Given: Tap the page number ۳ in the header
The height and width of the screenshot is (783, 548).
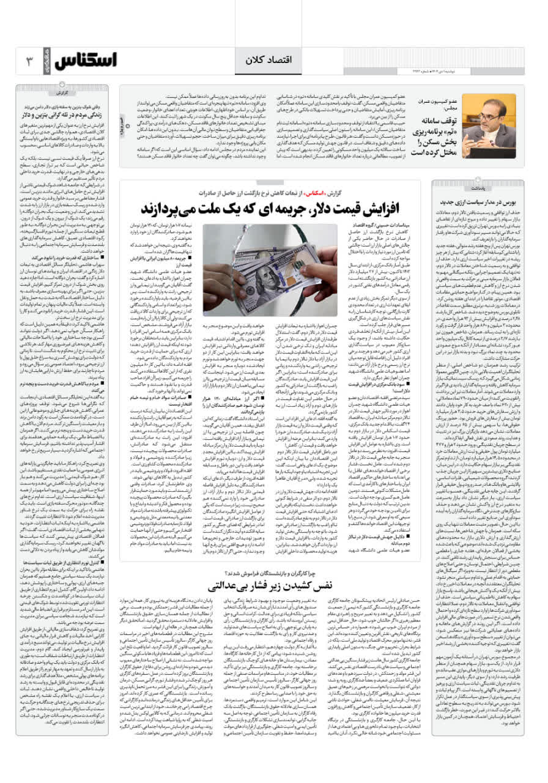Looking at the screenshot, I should point(28,61).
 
